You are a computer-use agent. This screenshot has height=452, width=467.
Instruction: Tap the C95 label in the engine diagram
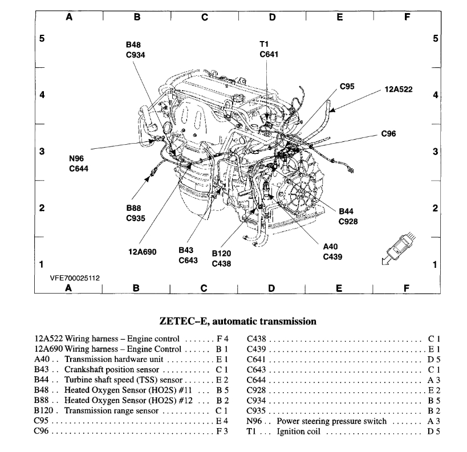pos(347,87)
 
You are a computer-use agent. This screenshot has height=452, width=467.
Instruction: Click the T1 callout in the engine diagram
pos(263,44)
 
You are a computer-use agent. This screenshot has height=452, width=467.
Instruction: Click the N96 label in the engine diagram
pos(78,159)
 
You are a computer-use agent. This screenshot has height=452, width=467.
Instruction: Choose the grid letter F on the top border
pos(407,17)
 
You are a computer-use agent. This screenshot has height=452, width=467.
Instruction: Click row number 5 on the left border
pos(42,39)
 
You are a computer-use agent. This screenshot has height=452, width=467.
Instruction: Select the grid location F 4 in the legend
pos(222,339)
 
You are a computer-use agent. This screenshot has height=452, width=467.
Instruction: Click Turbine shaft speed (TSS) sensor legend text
pos(123,380)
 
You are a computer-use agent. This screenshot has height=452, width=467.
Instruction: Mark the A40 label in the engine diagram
pos(331,247)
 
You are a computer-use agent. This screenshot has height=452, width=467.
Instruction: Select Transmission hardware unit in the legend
pos(114,359)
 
